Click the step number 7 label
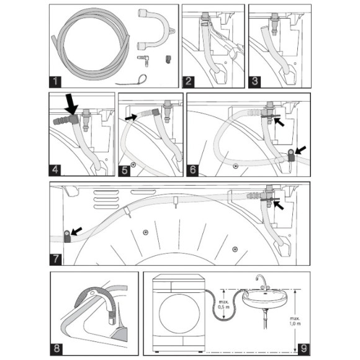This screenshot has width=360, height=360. (57, 256)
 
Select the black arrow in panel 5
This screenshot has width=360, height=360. (131, 116)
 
